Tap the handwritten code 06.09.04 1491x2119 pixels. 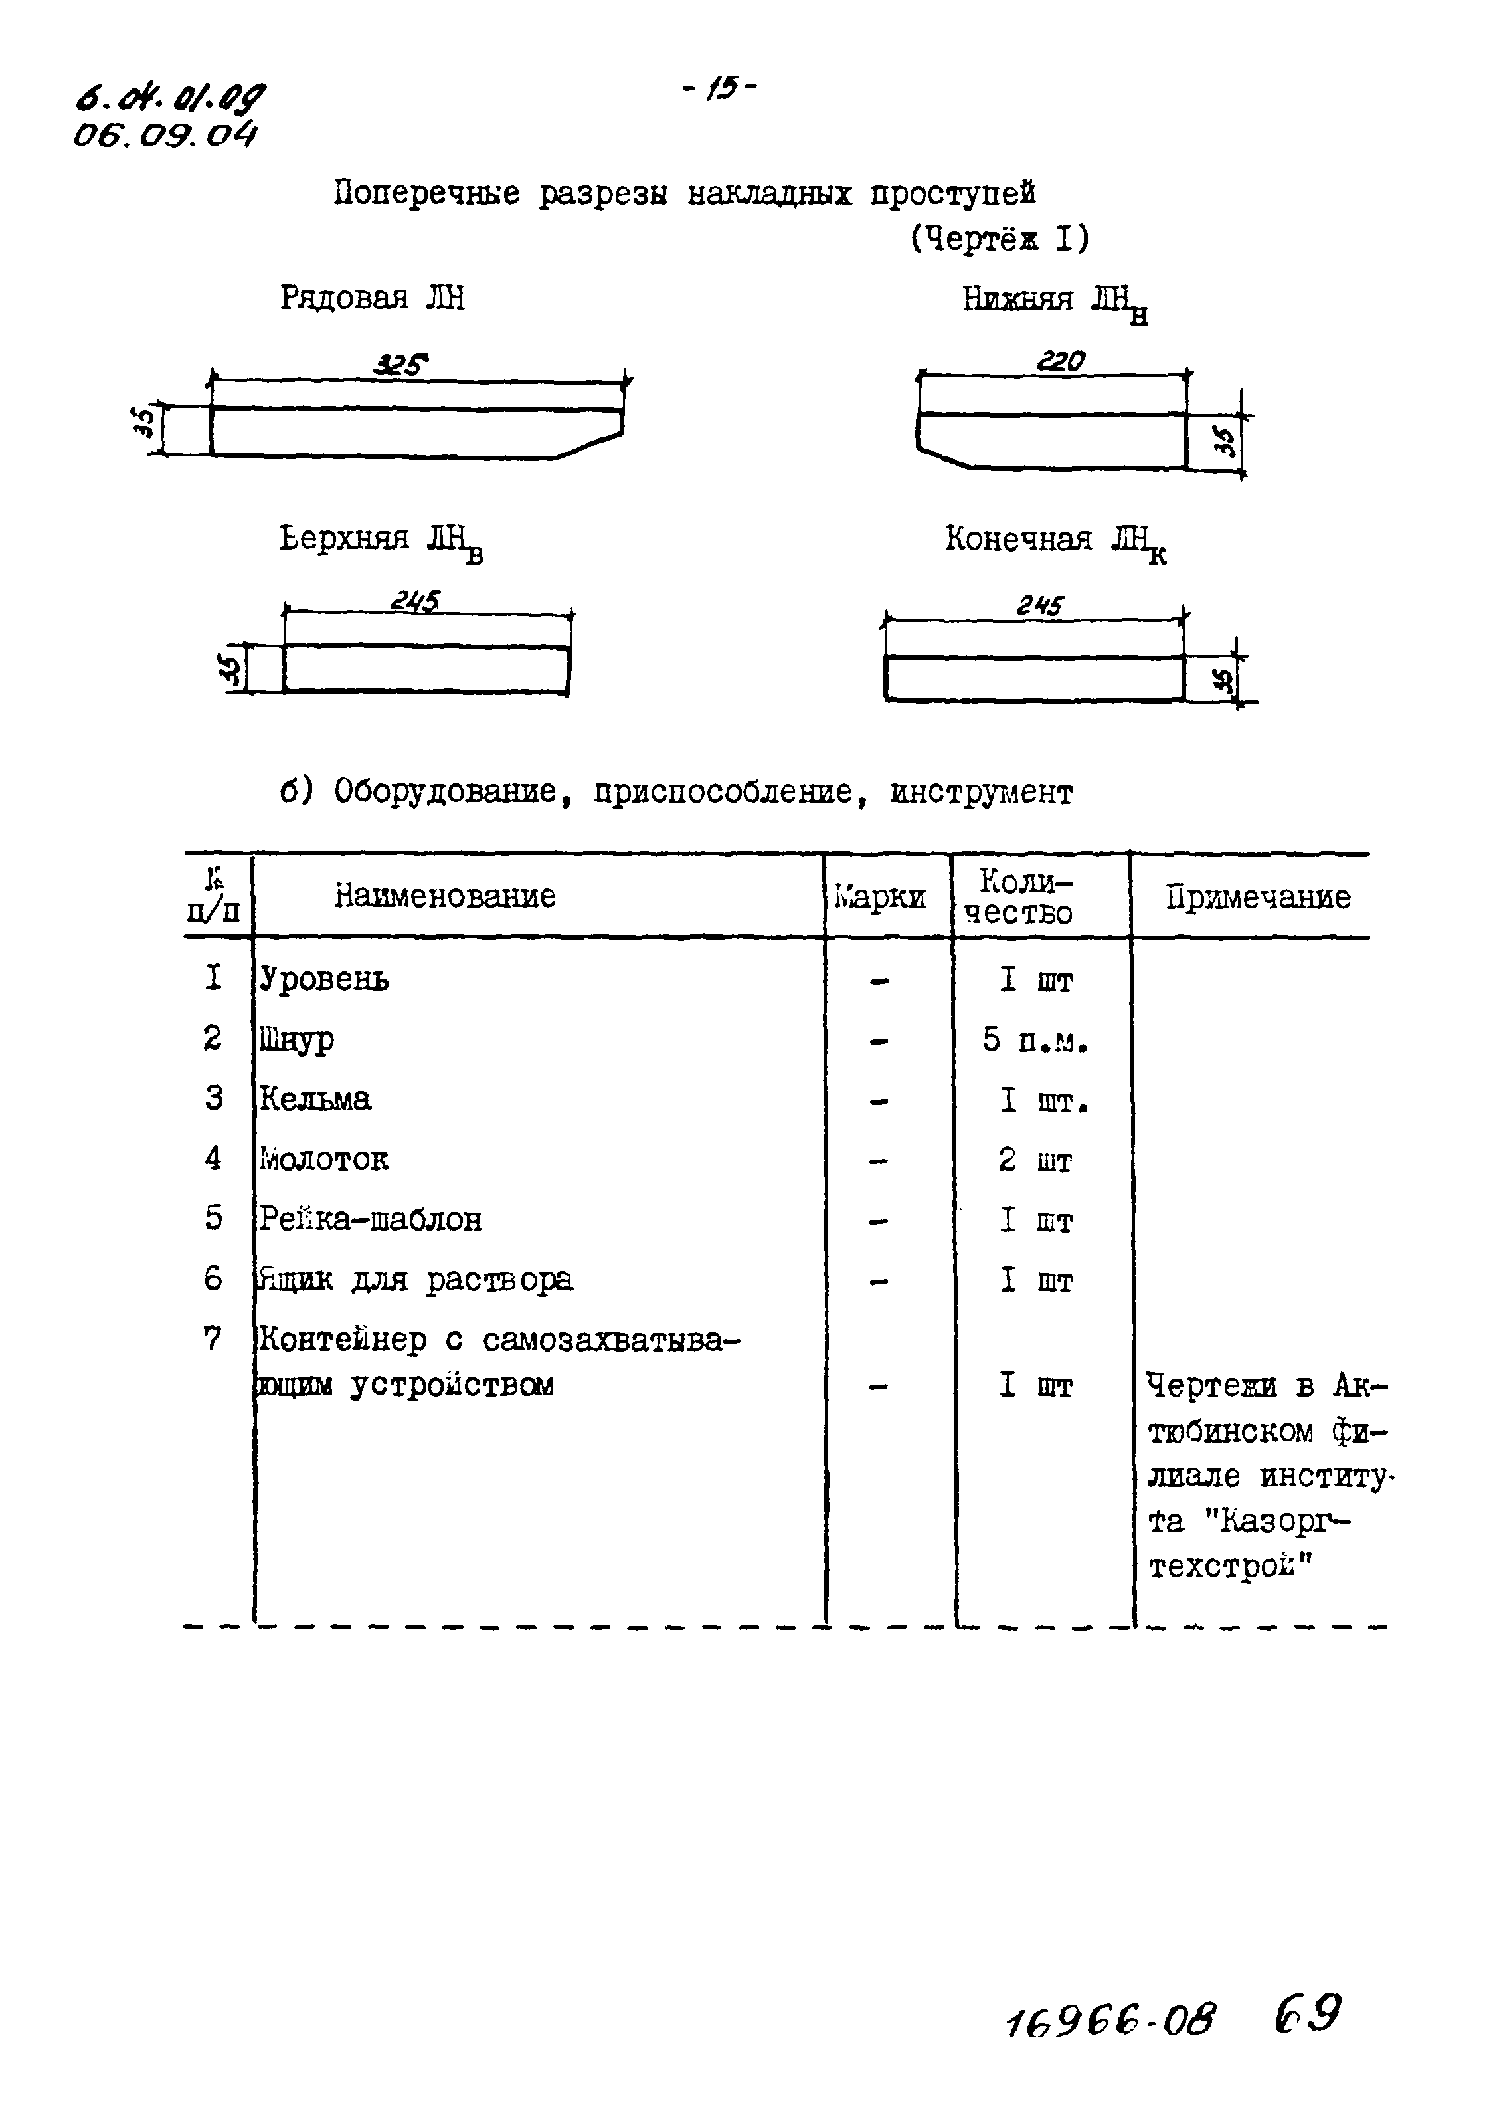pyautogui.click(x=164, y=136)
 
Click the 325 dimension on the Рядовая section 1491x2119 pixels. pyautogui.click(x=400, y=366)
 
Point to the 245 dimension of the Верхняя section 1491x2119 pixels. pyautogui.click(x=414, y=602)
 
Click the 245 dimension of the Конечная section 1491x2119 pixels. pyautogui.click(x=1040, y=605)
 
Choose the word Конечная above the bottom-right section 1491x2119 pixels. pyautogui.click(x=1017, y=538)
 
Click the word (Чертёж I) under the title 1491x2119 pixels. pyautogui.click(x=1000, y=239)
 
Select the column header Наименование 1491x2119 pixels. pyautogui.click(x=445, y=895)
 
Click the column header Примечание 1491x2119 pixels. pyautogui.click(x=1258, y=896)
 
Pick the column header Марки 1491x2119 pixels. pyautogui.click(x=880, y=896)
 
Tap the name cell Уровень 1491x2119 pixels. pyautogui.click(x=324, y=978)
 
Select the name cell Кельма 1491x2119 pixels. pyautogui.click(x=315, y=1098)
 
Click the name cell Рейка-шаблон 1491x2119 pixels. pyautogui.click(x=370, y=1219)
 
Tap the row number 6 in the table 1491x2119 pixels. pyautogui.click(x=213, y=1278)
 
